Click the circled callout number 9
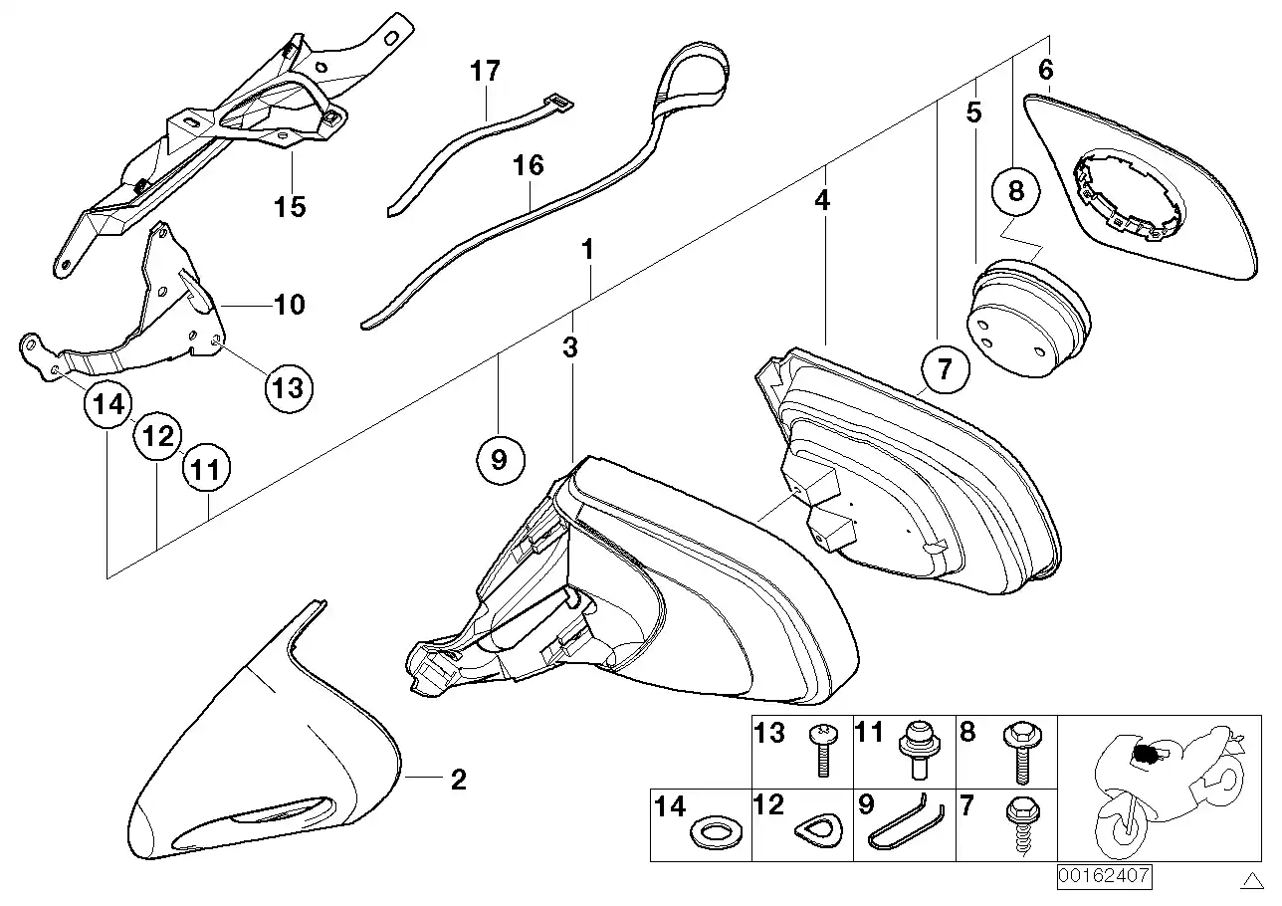click(x=499, y=459)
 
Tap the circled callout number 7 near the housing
click(x=944, y=369)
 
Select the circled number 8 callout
click(x=1015, y=191)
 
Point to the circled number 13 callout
click(x=287, y=386)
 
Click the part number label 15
click(x=291, y=207)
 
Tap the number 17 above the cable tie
click(x=486, y=72)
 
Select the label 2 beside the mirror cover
click(x=458, y=780)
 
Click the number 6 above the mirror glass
click(x=1045, y=70)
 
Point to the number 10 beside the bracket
click(x=289, y=304)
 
